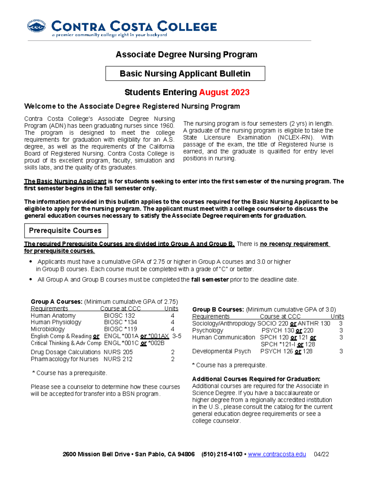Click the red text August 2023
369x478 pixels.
click(x=224, y=92)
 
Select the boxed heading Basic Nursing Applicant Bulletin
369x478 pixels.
click(x=185, y=74)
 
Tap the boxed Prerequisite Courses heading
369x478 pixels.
click(x=66, y=231)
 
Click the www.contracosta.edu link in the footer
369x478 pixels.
click(x=277, y=454)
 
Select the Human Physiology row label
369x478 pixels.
click(x=56, y=322)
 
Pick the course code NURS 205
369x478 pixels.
click(x=118, y=352)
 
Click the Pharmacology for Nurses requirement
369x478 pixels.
click(x=65, y=359)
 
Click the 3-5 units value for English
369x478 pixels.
click(x=177, y=336)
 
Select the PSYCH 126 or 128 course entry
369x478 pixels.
click(x=286, y=351)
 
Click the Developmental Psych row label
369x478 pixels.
click(x=221, y=351)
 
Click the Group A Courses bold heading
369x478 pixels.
click(x=57, y=302)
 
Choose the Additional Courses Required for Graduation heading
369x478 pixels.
click(x=256, y=379)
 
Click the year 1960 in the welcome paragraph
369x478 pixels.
click(x=167, y=126)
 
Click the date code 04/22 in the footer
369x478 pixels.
click(x=321, y=454)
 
